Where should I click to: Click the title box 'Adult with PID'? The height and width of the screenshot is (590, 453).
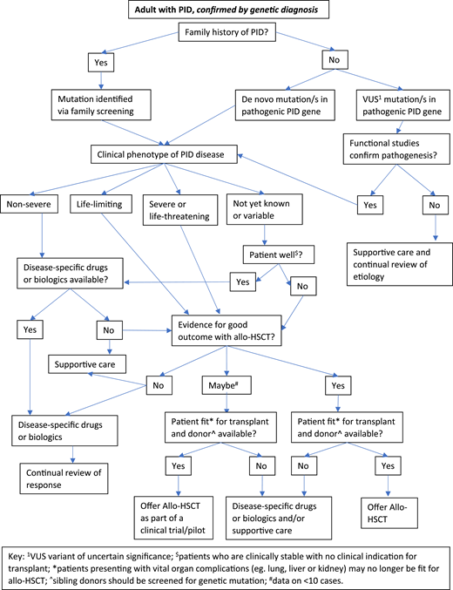coord(224,10)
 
